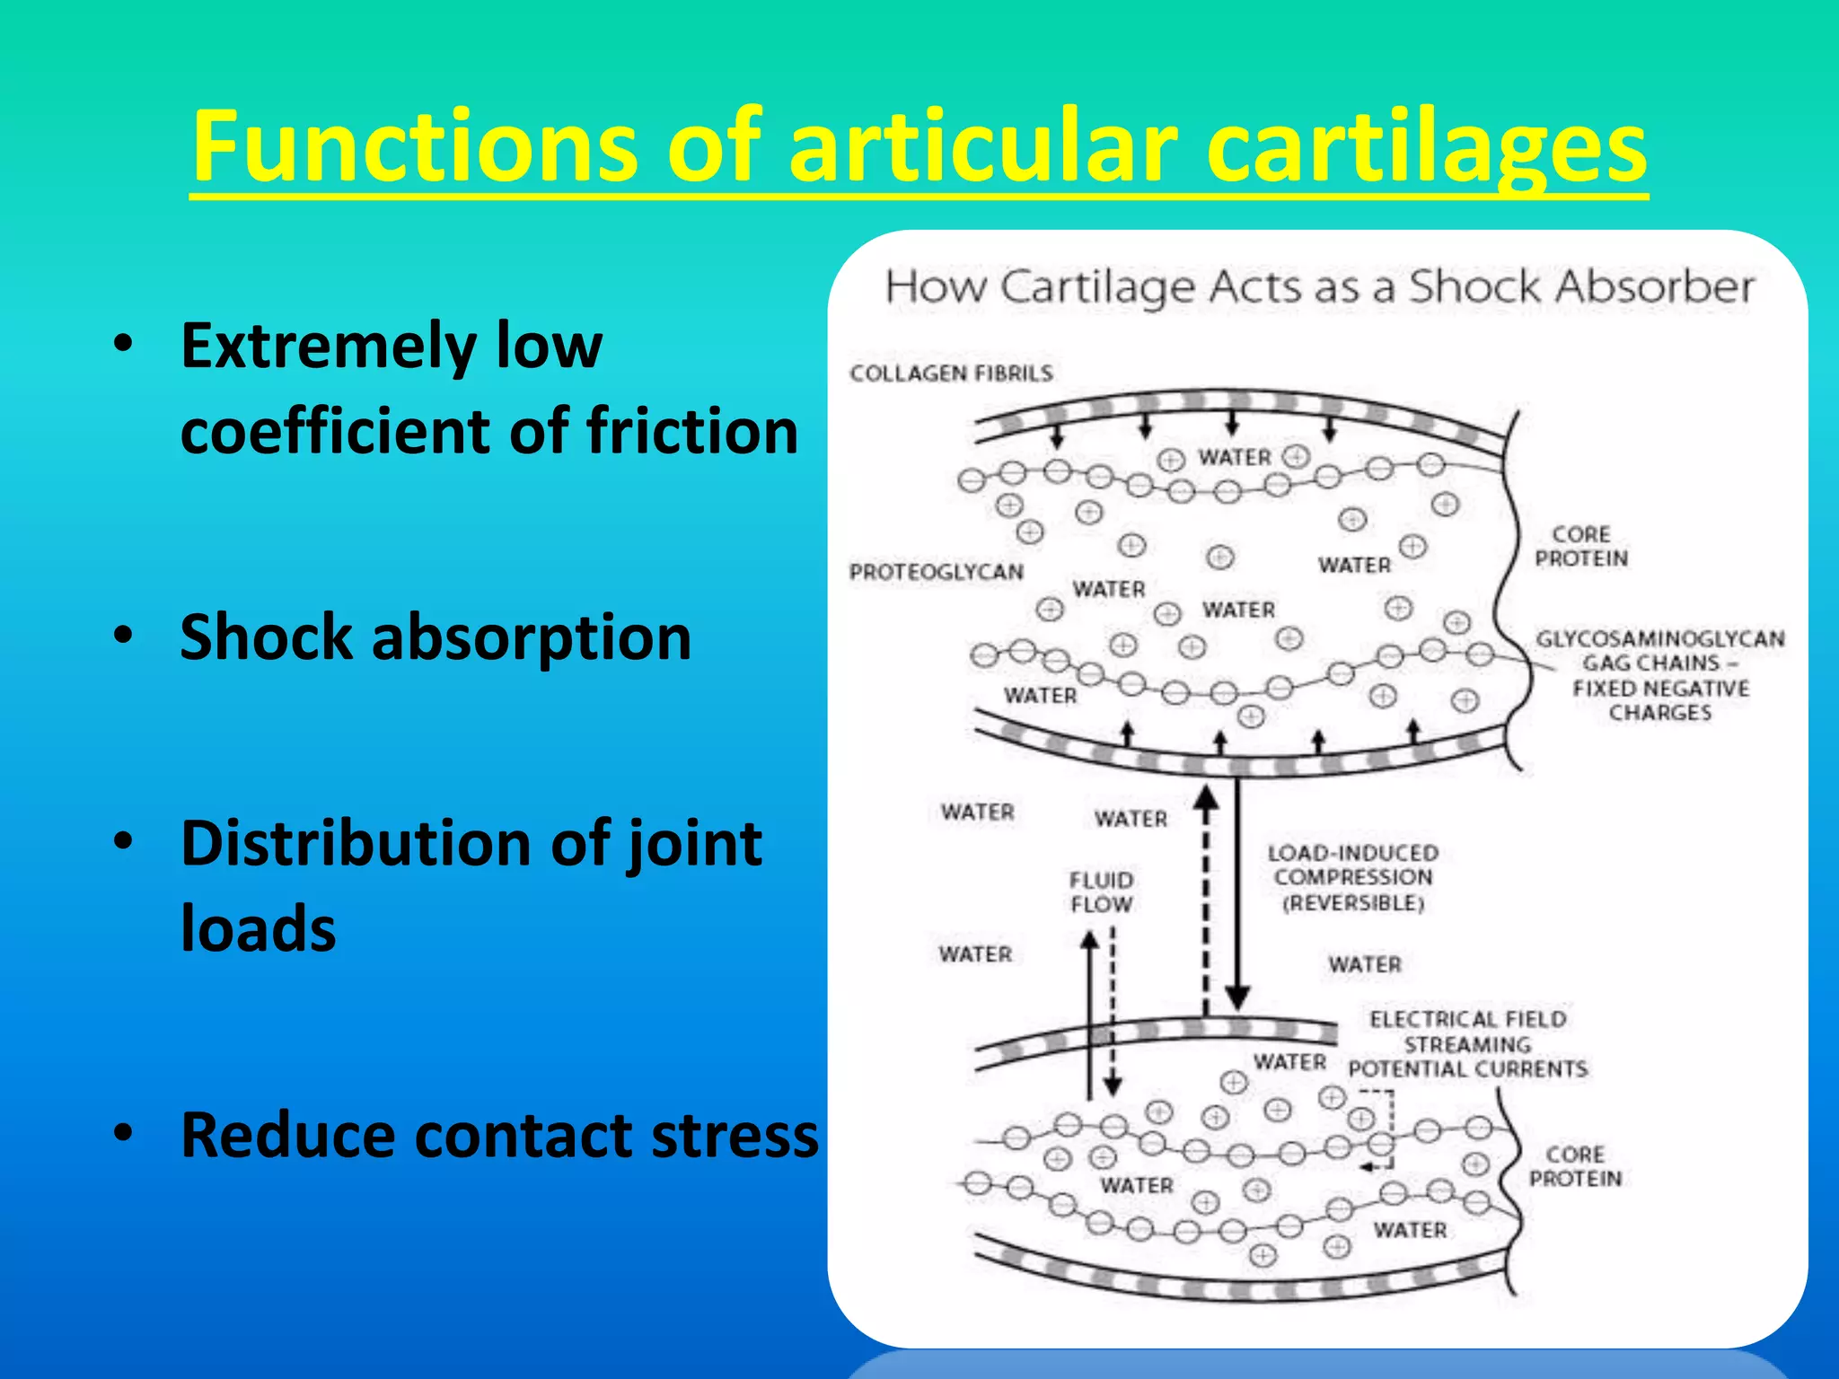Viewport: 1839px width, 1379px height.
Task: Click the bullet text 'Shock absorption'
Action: [x=436, y=637]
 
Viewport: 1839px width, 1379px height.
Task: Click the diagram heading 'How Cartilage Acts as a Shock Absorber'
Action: [x=1319, y=287]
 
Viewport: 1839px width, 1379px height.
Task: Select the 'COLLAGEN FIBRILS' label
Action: [x=951, y=373]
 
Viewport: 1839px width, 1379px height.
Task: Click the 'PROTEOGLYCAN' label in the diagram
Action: [x=937, y=572]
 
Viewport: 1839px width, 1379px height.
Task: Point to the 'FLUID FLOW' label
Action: [x=1101, y=892]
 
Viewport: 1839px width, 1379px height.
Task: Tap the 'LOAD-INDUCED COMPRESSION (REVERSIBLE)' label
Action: [x=1353, y=877]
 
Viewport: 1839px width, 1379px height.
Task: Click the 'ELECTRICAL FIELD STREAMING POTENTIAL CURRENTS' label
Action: [x=1468, y=1044]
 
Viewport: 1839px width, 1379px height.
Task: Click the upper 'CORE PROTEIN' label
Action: [x=1581, y=546]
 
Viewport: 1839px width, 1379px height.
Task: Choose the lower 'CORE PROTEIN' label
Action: [x=1576, y=1166]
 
